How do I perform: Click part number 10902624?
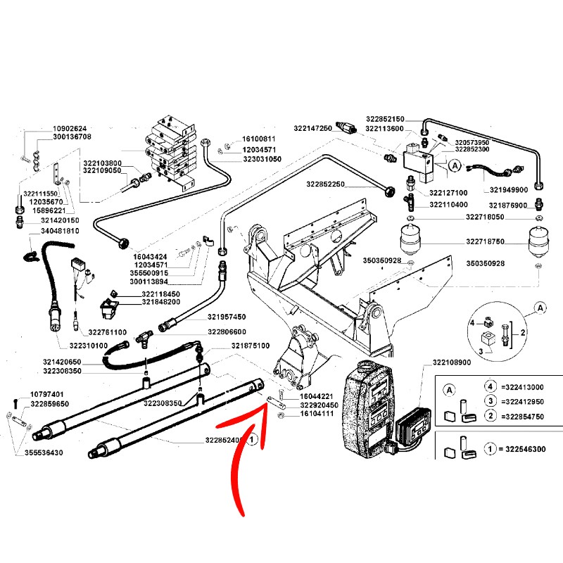click(x=70, y=129)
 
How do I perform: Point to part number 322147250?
click(x=313, y=129)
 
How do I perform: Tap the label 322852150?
click(x=385, y=119)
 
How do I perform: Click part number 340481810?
click(x=60, y=231)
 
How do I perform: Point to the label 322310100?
click(x=65, y=346)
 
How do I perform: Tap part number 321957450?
click(x=227, y=317)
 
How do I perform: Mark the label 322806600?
click(x=227, y=332)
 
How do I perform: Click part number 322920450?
click(x=320, y=406)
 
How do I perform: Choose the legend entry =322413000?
click(x=523, y=387)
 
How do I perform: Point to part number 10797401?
click(x=47, y=394)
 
